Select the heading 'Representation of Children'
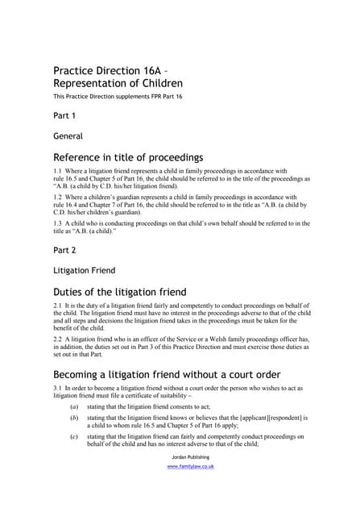pos(118,83)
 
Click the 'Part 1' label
pos(64,116)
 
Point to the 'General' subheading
pos(68,136)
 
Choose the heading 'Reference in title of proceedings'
pos(128,157)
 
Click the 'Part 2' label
pos(64,251)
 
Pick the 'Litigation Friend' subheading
pos(84,271)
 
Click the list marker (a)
pos(75,406)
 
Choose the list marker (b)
pos(75,418)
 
